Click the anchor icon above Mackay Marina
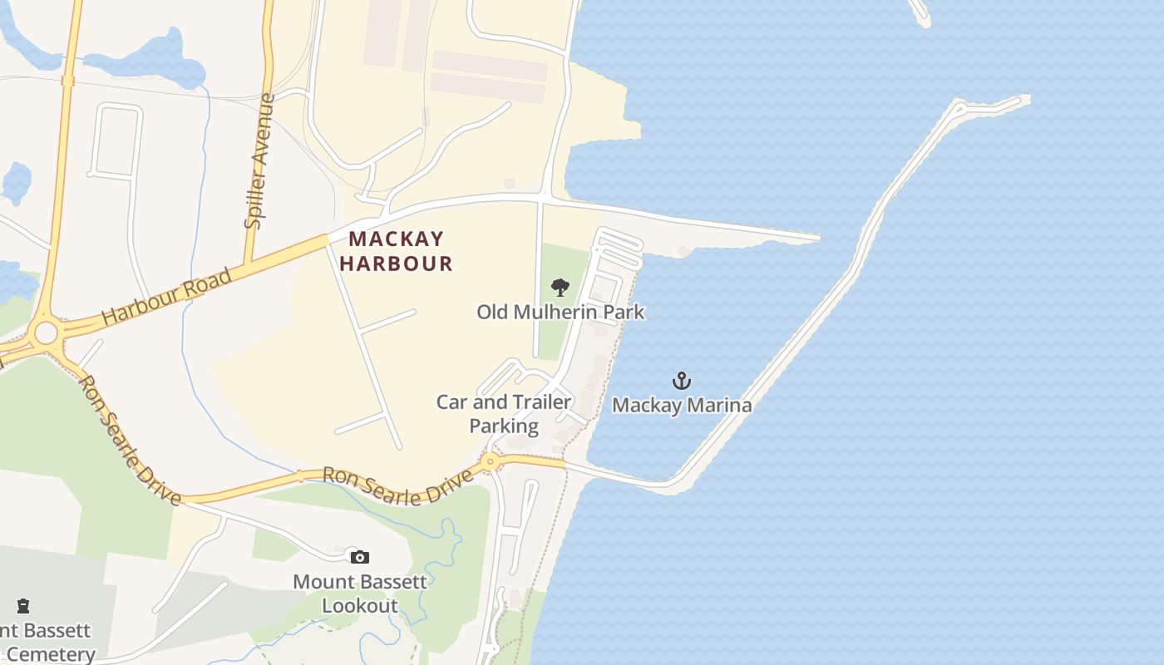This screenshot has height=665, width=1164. (x=682, y=381)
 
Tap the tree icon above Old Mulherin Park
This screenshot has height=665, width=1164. (x=560, y=288)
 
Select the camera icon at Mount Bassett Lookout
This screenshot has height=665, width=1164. (x=359, y=557)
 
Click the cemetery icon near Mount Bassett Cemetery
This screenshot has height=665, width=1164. (x=23, y=606)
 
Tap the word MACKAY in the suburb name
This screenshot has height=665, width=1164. (x=397, y=239)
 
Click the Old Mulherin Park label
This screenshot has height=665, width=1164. (x=560, y=313)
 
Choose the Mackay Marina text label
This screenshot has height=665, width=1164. (x=682, y=406)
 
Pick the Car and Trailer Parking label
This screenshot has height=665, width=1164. (x=504, y=414)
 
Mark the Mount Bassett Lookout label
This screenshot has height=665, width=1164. (x=360, y=594)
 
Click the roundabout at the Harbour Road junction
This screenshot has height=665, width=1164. (x=46, y=333)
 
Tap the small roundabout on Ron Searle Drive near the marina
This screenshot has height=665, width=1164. (x=490, y=461)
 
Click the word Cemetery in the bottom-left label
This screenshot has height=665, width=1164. (x=50, y=654)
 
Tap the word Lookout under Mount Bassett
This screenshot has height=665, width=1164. (x=360, y=606)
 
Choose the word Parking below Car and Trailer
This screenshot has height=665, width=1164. (x=504, y=426)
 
